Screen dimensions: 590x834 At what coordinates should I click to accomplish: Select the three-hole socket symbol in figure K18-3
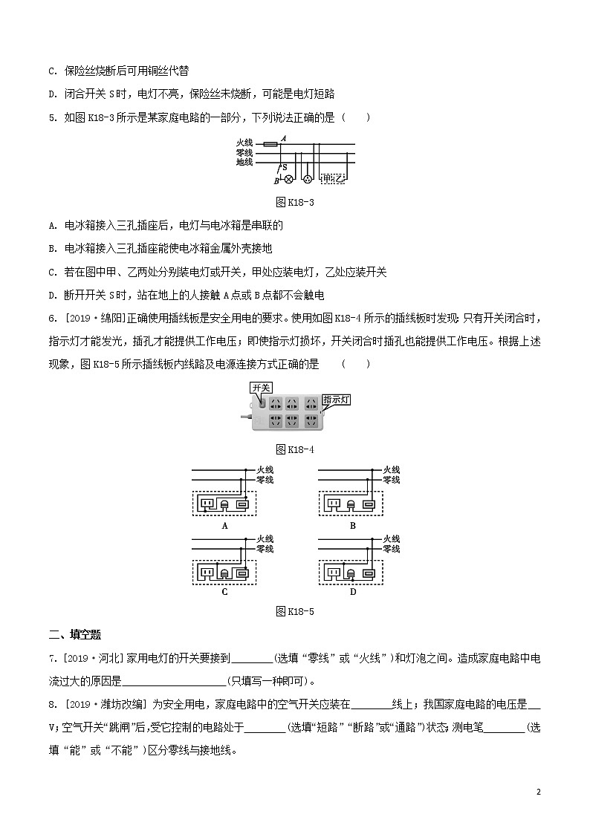[305, 179]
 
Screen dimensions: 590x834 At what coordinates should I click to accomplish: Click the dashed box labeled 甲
[329, 179]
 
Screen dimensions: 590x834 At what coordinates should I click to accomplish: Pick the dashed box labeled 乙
[342, 179]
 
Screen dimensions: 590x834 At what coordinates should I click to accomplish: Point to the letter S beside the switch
[285, 169]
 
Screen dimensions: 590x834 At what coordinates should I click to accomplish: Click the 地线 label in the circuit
[244, 161]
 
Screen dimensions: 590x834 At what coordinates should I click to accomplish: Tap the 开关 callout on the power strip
[261, 388]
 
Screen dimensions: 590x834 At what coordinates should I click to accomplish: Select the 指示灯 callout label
[336, 400]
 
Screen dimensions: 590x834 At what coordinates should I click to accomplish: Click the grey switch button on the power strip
[260, 404]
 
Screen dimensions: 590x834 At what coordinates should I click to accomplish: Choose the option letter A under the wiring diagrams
[224, 525]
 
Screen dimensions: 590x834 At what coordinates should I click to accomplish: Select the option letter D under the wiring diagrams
[353, 592]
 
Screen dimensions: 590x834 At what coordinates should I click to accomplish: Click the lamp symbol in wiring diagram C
[225, 573]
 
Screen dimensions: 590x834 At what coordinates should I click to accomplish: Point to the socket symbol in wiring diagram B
[332, 505]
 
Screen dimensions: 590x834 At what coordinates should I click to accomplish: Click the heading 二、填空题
[74, 634]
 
